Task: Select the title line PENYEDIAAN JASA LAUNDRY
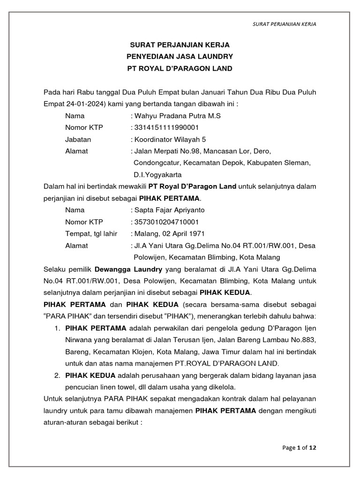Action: (x=180, y=57)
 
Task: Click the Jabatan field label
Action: (x=78, y=139)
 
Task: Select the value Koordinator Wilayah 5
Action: (x=170, y=139)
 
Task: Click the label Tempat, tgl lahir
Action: (x=91, y=233)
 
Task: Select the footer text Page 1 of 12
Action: (x=300, y=448)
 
